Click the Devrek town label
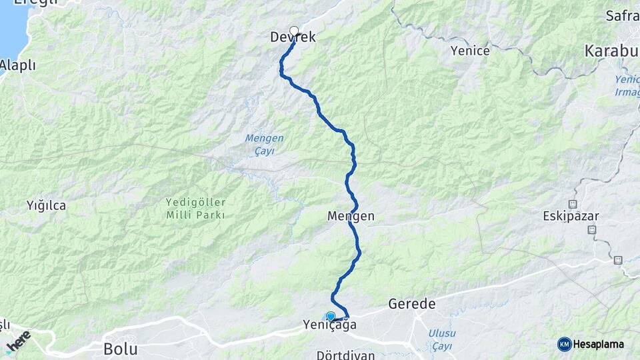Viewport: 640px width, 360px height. click(x=293, y=38)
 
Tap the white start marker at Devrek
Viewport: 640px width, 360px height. click(x=294, y=31)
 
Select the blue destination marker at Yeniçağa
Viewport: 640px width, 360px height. click(x=331, y=316)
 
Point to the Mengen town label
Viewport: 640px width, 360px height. click(x=351, y=216)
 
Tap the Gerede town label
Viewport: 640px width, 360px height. click(x=411, y=304)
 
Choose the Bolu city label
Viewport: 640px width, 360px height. click(x=120, y=349)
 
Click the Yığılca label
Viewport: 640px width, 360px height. click(x=46, y=205)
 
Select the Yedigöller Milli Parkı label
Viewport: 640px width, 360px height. click(x=195, y=208)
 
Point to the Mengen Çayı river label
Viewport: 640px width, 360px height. click(x=264, y=145)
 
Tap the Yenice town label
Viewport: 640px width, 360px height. click(x=470, y=51)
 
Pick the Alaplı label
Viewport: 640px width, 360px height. click(x=17, y=65)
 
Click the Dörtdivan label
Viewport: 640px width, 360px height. click(x=347, y=354)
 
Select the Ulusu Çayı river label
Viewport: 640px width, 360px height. click(x=442, y=339)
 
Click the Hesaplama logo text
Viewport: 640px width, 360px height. click(x=598, y=344)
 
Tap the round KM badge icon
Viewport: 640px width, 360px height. click(x=565, y=344)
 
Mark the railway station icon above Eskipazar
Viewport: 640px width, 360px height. click(x=573, y=203)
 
